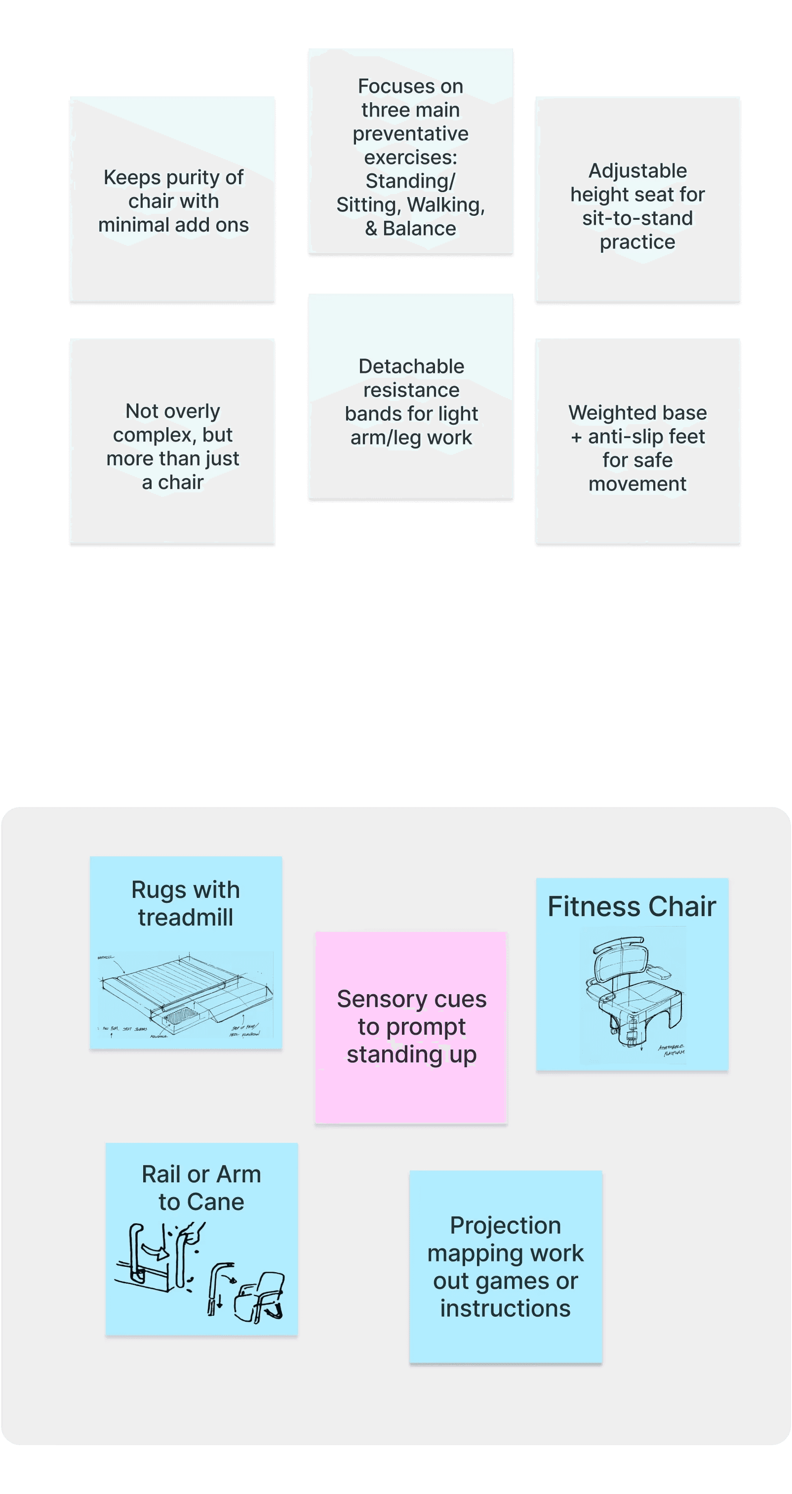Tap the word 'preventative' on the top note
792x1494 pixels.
point(410,134)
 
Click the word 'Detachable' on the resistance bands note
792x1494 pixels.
point(411,366)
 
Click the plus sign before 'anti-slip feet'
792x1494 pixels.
point(576,437)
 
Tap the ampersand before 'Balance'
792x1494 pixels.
point(371,229)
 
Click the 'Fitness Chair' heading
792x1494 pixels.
point(632,906)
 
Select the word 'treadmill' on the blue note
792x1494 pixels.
point(186,918)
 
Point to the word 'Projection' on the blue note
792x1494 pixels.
point(505,1225)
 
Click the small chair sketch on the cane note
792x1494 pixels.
point(260,1296)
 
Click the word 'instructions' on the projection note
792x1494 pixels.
point(505,1309)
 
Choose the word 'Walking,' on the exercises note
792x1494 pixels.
point(446,205)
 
